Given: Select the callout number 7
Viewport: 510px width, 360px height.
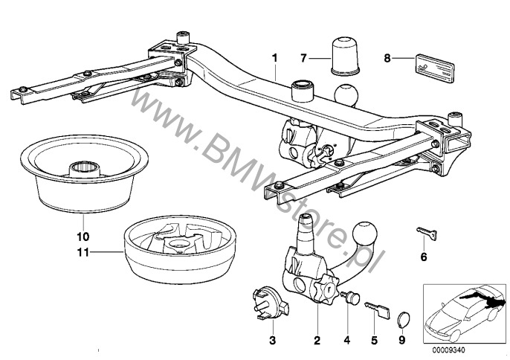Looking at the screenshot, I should (x=304, y=57).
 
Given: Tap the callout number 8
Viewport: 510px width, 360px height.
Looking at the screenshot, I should (x=387, y=57).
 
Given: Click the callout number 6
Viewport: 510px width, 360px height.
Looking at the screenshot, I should (x=425, y=258).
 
